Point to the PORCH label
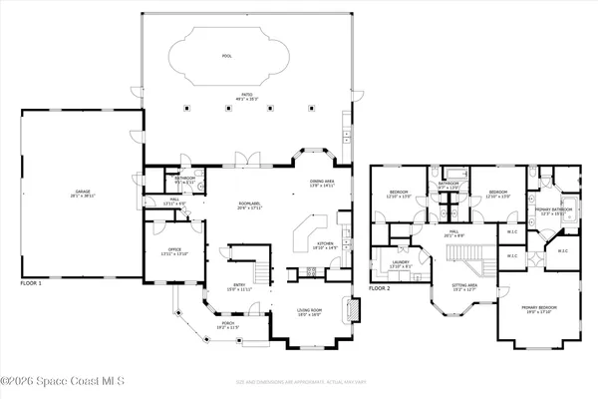tap(228, 327)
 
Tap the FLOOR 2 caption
tap(380, 287)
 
